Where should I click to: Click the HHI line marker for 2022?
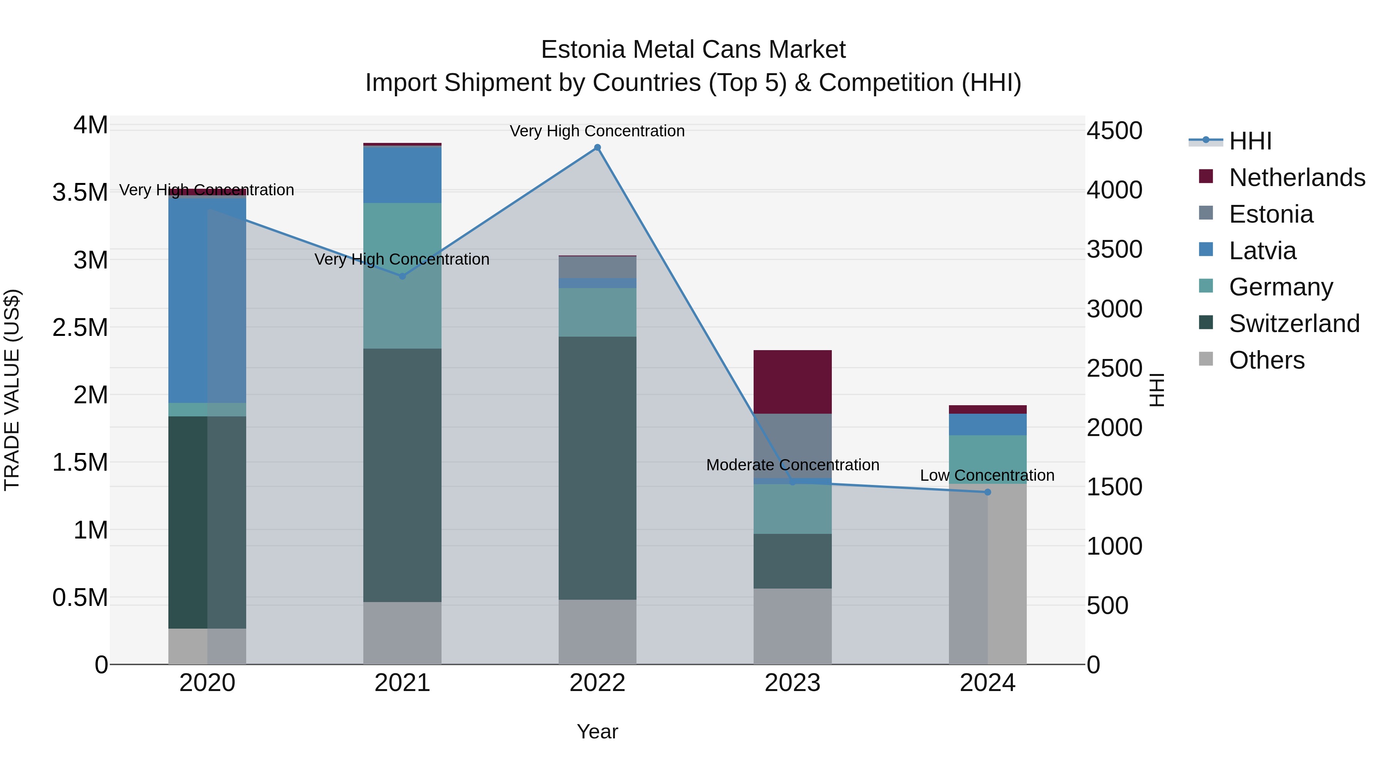coord(597,148)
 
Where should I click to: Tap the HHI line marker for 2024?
coord(987,492)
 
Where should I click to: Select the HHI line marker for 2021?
coord(402,276)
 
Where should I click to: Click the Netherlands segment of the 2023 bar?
coord(792,382)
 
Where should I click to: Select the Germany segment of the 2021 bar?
coord(402,276)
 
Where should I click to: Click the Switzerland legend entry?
coord(1294,324)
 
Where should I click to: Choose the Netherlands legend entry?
coord(1296,178)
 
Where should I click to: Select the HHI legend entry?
coord(1250,141)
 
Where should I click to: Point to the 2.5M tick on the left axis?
coord(80,328)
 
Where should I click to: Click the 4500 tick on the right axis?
coord(1114,131)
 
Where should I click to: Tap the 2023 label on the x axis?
coord(792,683)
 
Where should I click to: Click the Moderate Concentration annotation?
coord(792,465)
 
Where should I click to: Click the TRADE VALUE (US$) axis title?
coord(12,390)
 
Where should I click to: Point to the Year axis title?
coord(597,731)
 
